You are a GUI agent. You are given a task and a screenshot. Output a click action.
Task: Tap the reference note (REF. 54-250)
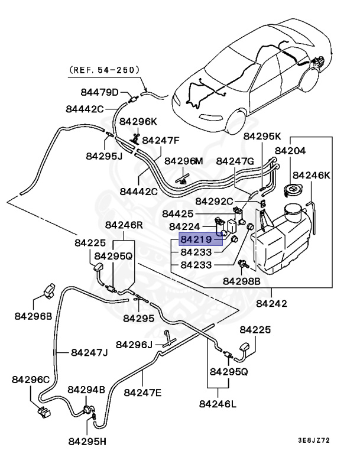[x=104, y=70]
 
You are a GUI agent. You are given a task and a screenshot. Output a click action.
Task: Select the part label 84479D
[x=100, y=92]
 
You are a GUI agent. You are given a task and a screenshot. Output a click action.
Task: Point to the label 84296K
[x=138, y=121]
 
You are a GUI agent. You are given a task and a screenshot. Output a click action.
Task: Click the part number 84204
[x=301, y=151]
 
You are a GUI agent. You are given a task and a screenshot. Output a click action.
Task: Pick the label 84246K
[x=312, y=175]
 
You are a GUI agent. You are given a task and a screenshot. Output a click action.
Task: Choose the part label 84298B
[x=241, y=282]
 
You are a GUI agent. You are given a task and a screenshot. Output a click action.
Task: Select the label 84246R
[x=124, y=225]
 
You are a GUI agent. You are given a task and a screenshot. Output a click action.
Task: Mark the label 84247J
[x=89, y=353]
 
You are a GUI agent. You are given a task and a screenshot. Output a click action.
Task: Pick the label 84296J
[x=134, y=344]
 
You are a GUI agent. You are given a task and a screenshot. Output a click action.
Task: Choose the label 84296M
[x=183, y=161]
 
